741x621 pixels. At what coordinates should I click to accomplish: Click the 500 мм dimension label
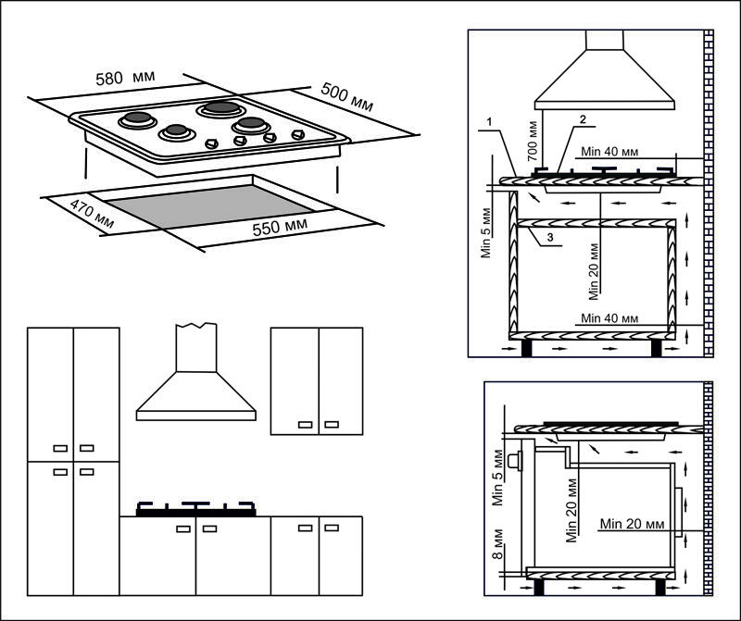(346, 97)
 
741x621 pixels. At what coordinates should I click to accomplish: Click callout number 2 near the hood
(583, 119)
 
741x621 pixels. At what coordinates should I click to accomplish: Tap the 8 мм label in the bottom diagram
(497, 553)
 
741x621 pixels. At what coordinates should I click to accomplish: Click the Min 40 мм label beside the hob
(612, 150)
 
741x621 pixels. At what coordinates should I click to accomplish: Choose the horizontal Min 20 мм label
(632, 524)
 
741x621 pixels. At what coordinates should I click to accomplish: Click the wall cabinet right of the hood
(317, 379)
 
